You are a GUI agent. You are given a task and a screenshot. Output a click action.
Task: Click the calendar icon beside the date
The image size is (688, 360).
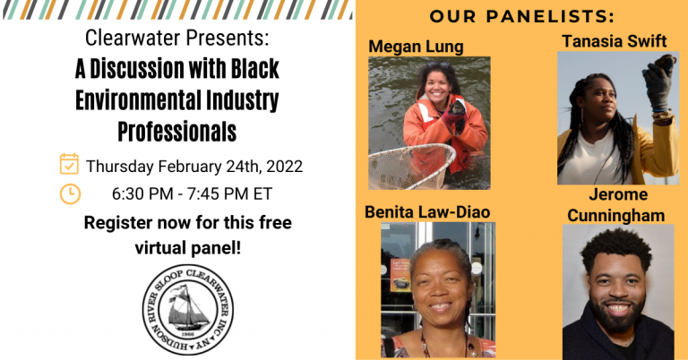pyautogui.click(x=69, y=164)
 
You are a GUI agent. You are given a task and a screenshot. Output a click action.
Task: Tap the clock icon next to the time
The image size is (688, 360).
pyautogui.click(x=70, y=194)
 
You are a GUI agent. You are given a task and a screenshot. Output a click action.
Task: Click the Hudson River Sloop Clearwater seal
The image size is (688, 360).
pyautogui.click(x=188, y=310)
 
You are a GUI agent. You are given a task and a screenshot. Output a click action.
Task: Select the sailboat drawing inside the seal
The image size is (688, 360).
pyautogui.click(x=187, y=308)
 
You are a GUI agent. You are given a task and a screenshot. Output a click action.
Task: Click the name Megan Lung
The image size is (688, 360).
pyautogui.click(x=416, y=47)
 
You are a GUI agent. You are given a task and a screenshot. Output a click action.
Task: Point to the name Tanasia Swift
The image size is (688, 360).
pyautogui.click(x=615, y=41)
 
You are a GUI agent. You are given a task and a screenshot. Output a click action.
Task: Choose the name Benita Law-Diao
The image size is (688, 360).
pyautogui.click(x=427, y=212)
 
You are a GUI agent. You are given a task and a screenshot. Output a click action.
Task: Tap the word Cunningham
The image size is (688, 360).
pyautogui.click(x=616, y=216)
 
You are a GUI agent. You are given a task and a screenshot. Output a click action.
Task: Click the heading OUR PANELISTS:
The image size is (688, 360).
pyautogui.click(x=521, y=17)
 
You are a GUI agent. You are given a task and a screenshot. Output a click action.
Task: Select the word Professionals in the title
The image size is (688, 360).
pyautogui.click(x=177, y=132)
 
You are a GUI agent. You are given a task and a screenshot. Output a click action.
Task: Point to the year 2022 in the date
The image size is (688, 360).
pyautogui.click(x=284, y=167)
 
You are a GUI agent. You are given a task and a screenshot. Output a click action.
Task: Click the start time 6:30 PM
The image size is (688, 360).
pyautogui.click(x=142, y=193)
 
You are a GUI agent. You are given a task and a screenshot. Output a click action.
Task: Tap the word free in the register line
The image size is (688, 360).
pyautogui.click(x=275, y=222)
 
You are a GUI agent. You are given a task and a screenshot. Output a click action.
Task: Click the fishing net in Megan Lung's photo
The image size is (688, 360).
pyautogui.click(x=410, y=167)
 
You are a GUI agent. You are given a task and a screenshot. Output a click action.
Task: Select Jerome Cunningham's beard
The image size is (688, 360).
pyautogui.click(x=619, y=317)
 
